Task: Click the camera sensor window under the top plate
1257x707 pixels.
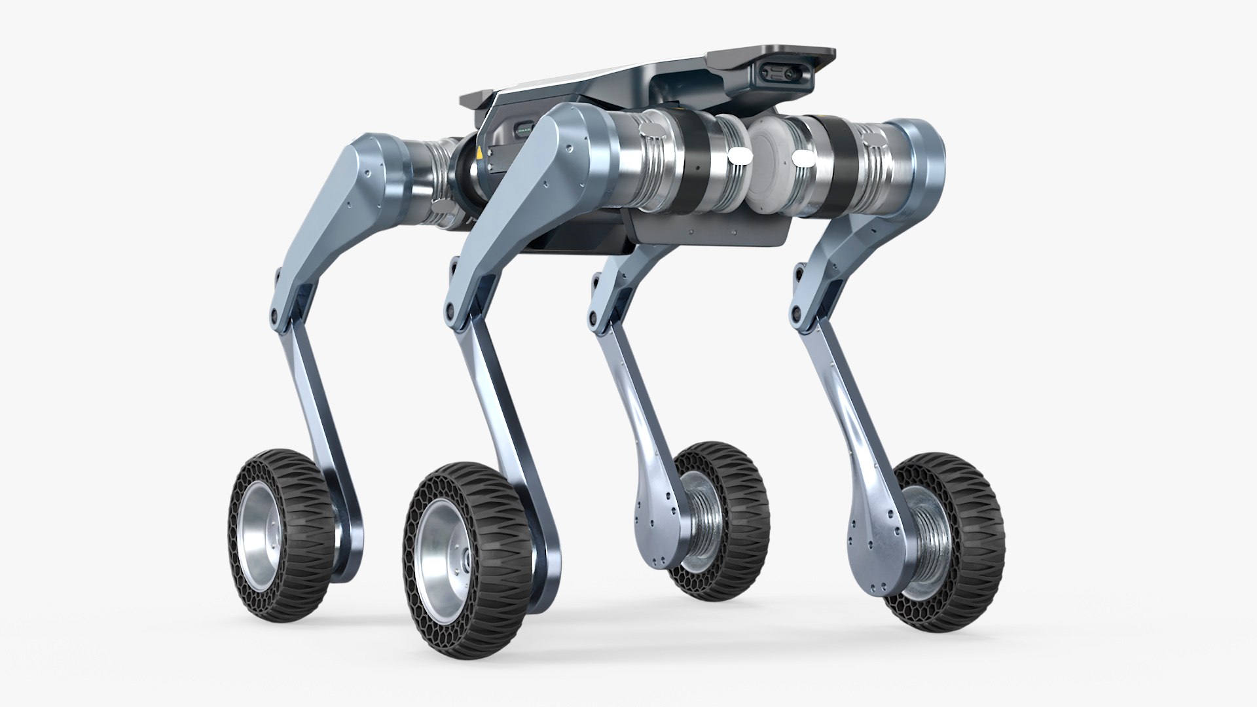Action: [784, 74]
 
